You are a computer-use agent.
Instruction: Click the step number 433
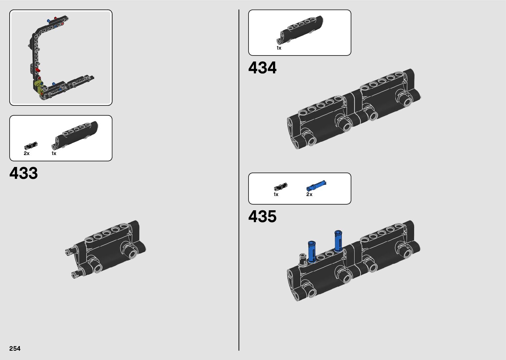[x=23, y=173]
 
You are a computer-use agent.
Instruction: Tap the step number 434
[x=262, y=67]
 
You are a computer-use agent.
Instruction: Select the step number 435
[x=262, y=216]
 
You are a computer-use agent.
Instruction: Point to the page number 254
[x=15, y=348]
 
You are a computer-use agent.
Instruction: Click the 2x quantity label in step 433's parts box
[x=26, y=153]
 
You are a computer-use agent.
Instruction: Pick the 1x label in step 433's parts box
[x=54, y=153]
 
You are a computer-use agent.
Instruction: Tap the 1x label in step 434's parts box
[x=279, y=48]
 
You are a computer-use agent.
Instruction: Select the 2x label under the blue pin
[x=309, y=194]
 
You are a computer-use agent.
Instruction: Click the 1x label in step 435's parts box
[x=276, y=194]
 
